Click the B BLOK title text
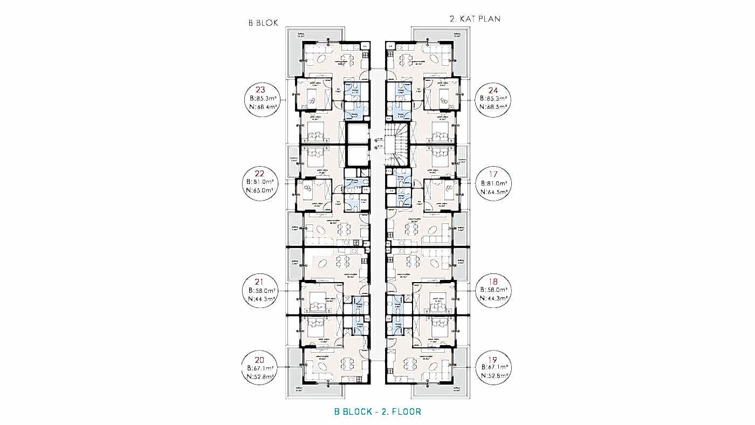(263, 23)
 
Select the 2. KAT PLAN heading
(475, 19)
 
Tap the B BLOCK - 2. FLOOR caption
(377, 412)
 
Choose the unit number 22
(261, 174)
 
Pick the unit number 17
(493, 174)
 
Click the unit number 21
(261, 282)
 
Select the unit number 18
(493, 282)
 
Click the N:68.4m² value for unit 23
(262, 107)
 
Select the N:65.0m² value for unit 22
(262, 190)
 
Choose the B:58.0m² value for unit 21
(262, 290)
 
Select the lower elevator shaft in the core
(357, 155)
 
